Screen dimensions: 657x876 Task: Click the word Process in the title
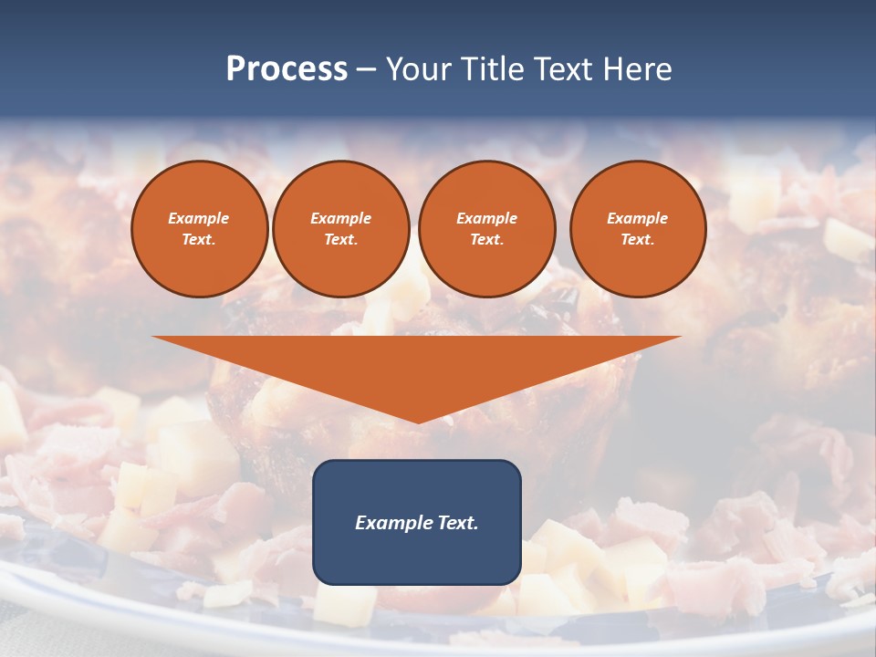287,69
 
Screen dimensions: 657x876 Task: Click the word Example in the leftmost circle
199,218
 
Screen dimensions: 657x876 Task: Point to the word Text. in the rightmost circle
638,239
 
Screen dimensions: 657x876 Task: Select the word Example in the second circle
341,218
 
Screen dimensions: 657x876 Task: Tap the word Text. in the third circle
486,239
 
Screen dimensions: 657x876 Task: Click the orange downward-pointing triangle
417,365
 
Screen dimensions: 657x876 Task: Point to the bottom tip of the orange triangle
418,421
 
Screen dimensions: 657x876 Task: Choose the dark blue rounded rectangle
417,557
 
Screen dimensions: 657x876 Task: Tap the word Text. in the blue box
459,523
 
